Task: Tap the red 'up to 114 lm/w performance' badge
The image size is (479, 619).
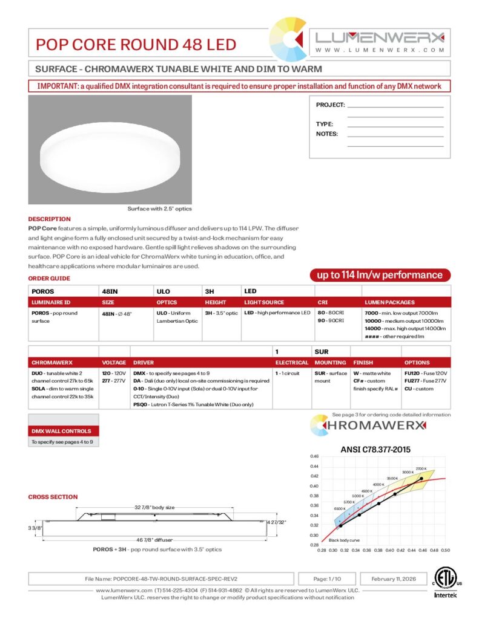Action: coord(380,275)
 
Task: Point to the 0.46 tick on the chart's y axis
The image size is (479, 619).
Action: coord(314,456)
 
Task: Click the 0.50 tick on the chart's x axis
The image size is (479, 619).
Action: coord(445,551)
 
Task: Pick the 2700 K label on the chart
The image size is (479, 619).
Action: coord(421,468)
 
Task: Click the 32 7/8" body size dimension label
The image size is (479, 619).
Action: coord(154,507)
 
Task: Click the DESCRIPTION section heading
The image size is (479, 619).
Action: coord(50,219)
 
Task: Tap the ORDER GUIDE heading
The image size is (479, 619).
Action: coord(49,279)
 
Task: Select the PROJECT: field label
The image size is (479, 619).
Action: coord(330,105)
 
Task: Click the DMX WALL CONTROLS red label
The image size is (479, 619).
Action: coord(61,431)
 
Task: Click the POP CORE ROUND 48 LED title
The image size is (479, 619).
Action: coord(136,45)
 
